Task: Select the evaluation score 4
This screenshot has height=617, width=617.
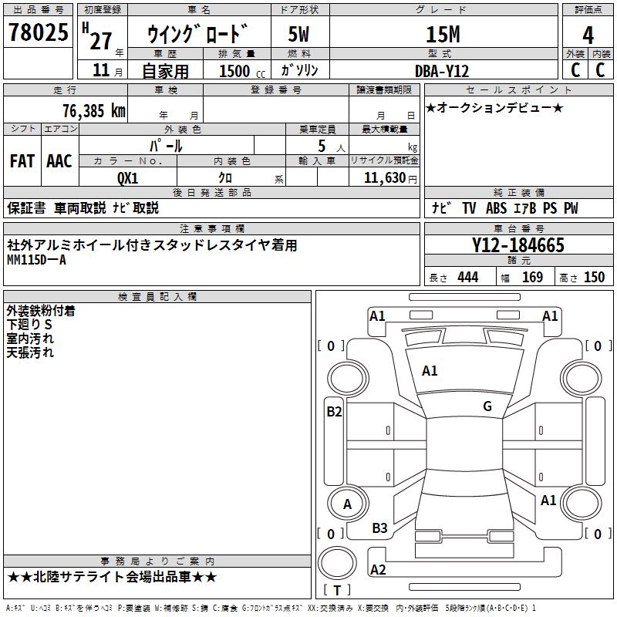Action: (588, 35)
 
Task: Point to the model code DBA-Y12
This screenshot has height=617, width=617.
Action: (442, 70)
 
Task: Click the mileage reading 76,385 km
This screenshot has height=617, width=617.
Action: (93, 110)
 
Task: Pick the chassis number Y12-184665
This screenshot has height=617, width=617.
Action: (518, 246)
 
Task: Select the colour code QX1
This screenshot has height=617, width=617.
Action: (127, 177)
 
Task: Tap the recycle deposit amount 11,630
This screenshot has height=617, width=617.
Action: (383, 177)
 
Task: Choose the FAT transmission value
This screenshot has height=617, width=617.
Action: (22, 161)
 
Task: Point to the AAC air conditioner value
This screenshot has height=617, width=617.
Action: (59, 161)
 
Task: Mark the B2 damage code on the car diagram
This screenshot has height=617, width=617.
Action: (334, 412)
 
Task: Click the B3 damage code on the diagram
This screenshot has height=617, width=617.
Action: (379, 528)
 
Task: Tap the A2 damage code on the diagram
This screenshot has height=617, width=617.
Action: (378, 570)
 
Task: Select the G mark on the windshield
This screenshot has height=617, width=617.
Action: (487, 406)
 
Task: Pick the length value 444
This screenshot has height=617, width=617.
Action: (468, 278)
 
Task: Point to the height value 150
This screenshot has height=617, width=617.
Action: (594, 278)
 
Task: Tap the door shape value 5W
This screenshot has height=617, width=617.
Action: (299, 35)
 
